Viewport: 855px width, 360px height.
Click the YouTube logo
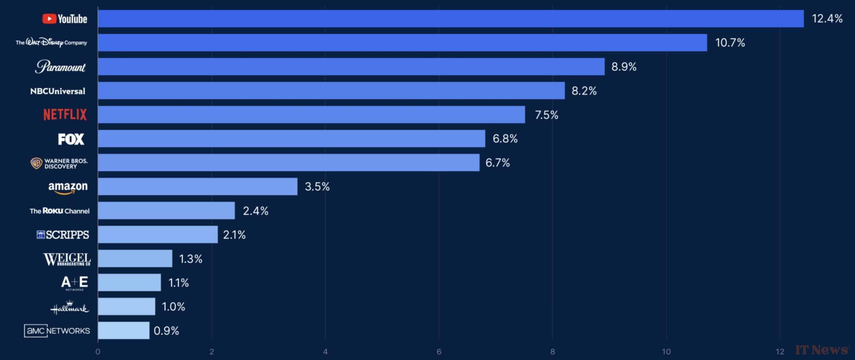(x=65, y=19)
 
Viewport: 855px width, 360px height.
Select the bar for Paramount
(x=351, y=67)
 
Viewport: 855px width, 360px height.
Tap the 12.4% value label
(x=827, y=19)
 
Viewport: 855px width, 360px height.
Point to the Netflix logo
(x=65, y=115)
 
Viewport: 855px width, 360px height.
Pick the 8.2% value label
(x=584, y=91)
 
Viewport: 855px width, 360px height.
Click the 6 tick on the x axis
(x=439, y=352)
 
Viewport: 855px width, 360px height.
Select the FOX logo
(x=71, y=139)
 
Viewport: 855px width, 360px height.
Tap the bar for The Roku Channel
(x=166, y=211)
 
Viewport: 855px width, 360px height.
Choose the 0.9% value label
(x=166, y=331)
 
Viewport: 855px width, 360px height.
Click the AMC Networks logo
(x=57, y=331)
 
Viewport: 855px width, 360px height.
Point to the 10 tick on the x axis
(x=666, y=352)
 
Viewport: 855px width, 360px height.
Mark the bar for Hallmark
(x=127, y=307)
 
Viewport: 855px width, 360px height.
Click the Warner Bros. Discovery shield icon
(x=36, y=163)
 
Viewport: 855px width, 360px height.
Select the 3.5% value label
(x=317, y=187)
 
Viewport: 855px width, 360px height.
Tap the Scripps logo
(x=63, y=235)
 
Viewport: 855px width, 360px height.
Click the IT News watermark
(x=822, y=350)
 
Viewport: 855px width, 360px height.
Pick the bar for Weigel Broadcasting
(x=135, y=259)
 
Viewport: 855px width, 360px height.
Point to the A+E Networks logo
(x=74, y=283)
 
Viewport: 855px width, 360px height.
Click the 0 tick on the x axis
(x=98, y=352)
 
